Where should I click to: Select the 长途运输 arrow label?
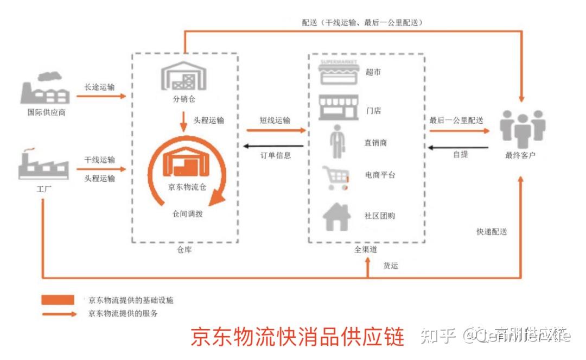(x=99, y=87)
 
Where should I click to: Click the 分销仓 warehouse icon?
(x=184, y=77)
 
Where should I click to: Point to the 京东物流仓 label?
(x=184, y=187)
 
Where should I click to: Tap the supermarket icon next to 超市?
(x=339, y=72)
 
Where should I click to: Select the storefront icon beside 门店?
(x=339, y=108)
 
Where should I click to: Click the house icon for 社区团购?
(x=337, y=216)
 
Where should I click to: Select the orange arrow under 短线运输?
(x=276, y=130)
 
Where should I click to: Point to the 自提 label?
(x=460, y=154)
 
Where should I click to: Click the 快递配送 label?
(x=492, y=231)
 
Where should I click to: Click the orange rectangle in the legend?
(x=58, y=300)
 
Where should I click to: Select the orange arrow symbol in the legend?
(x=59, y=314)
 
